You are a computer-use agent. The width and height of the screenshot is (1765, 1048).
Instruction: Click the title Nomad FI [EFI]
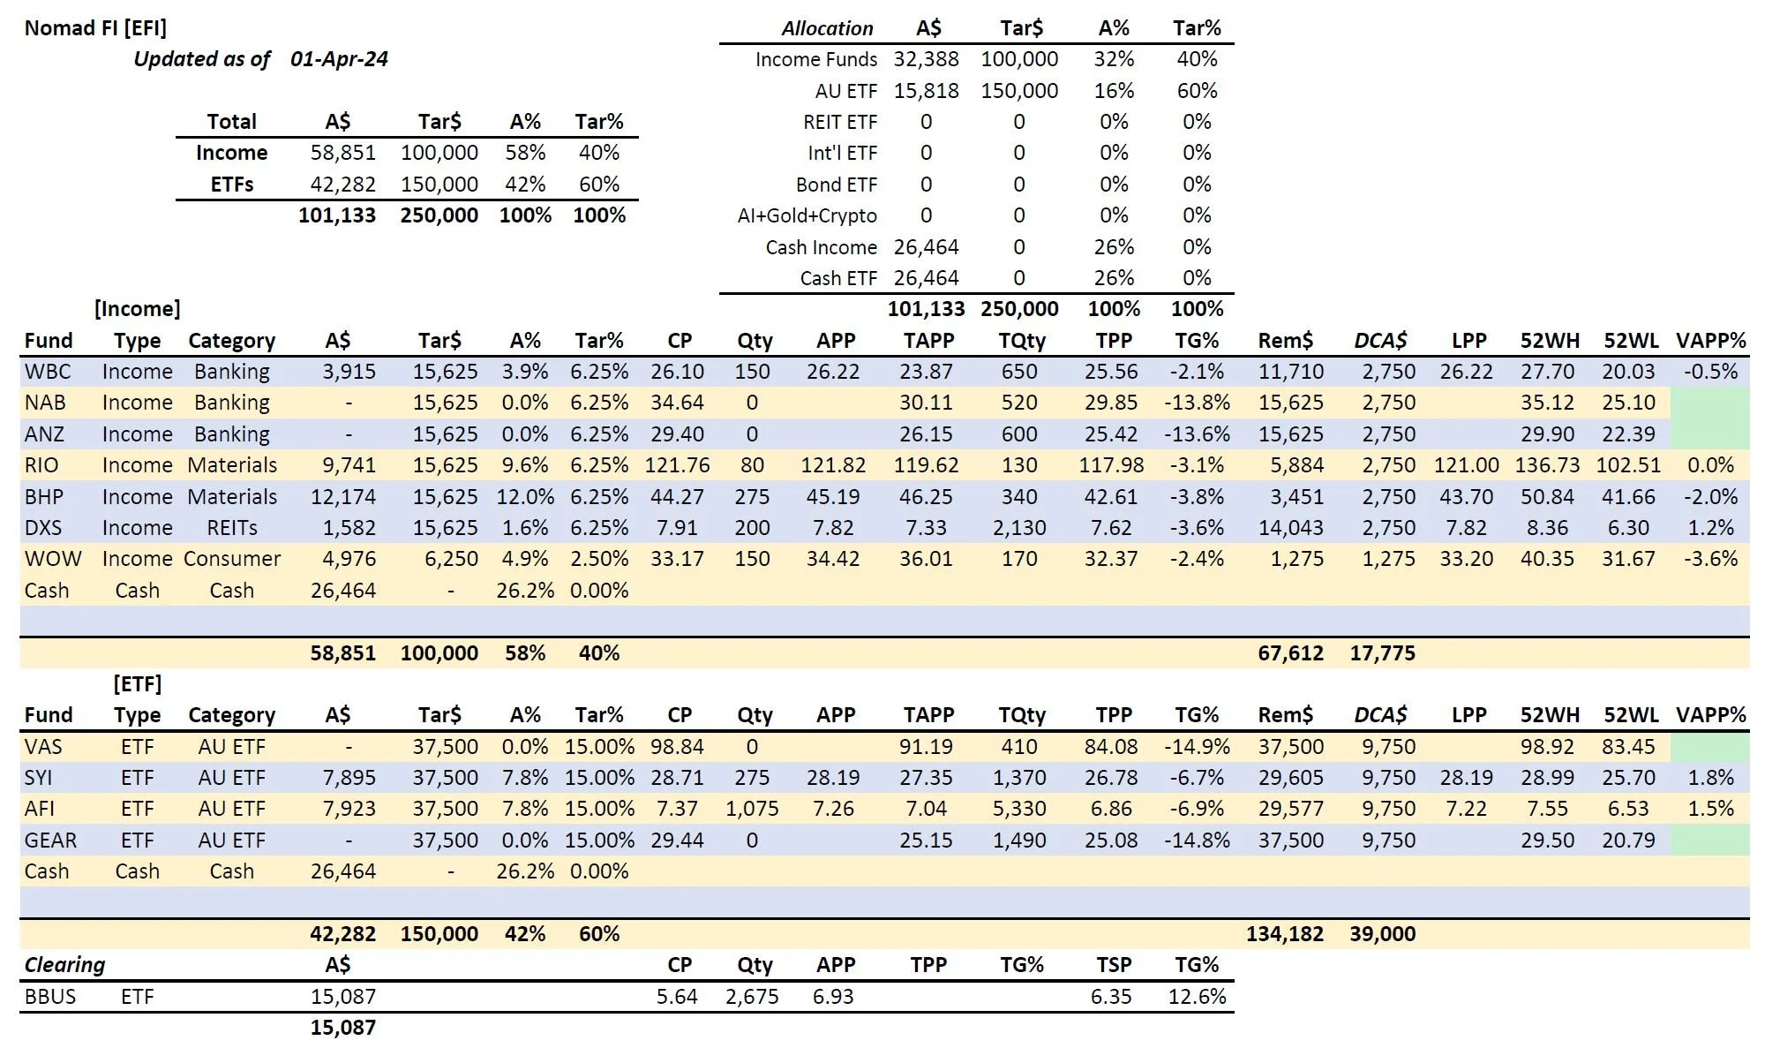tap(95, 27)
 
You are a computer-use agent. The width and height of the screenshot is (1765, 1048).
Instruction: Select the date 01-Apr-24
tap(339, 59)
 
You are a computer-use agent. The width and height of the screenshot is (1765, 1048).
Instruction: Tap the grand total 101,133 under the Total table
tap(336, 215)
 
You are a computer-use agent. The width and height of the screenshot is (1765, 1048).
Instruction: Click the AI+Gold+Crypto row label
tap(807, 215)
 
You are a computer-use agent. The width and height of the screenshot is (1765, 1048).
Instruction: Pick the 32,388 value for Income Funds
tap(926, 59)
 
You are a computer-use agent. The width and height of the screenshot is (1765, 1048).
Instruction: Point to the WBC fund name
tap(48, 372)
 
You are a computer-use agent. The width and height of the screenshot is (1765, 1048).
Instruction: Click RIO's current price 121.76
tap(677, 465)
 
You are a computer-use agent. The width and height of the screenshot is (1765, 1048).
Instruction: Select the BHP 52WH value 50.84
tap(1547, 497)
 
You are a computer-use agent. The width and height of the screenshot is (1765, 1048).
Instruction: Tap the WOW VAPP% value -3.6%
tap(1710, 559)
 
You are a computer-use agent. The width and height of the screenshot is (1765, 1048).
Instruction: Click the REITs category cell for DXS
tap(232, 528)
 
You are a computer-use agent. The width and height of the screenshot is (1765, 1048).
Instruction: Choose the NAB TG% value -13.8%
tap(1197, 403)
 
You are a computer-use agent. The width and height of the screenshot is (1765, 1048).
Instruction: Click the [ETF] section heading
tap(138, 684)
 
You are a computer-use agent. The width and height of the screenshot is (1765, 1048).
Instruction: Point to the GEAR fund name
tap(50, 841)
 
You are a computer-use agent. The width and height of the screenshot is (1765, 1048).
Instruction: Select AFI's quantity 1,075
tap(752, 809)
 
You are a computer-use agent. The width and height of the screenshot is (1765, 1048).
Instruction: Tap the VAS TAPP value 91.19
tap(926, 747)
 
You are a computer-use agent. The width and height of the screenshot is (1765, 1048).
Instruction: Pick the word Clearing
tap(64, 965)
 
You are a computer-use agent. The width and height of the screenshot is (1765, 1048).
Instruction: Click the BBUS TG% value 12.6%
tap(1197, 997)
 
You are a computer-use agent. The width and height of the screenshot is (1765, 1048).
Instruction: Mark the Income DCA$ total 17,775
tap(1382, 653)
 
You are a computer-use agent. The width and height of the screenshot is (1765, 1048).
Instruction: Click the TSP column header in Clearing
tap(1110, 965)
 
